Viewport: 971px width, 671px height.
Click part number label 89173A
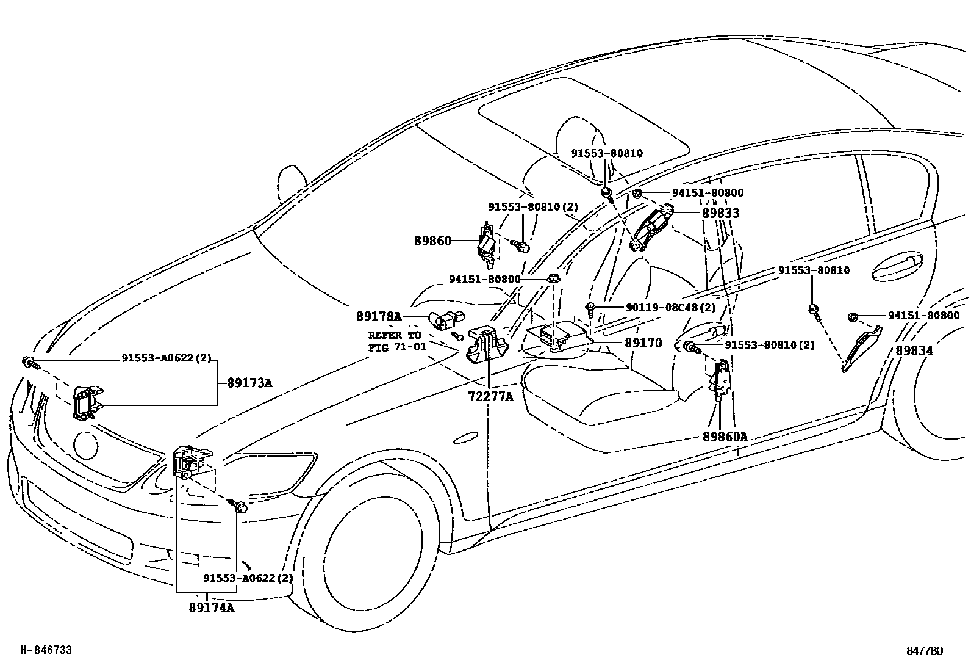click(249, 383)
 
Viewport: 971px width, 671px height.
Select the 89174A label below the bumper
click(211, 608)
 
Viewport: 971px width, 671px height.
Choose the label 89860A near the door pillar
click(725, 437)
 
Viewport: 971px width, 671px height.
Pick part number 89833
click(720, 213)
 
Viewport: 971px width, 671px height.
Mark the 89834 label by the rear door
click(914, 351)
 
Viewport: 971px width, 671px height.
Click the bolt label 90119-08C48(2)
click(671, 308)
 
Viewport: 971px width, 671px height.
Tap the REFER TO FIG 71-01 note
click(394, 342)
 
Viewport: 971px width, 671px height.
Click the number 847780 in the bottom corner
click(925, 651)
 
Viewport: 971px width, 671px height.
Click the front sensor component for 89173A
click(87, 403)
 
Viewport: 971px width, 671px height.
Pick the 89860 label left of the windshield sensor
click(433, 241)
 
